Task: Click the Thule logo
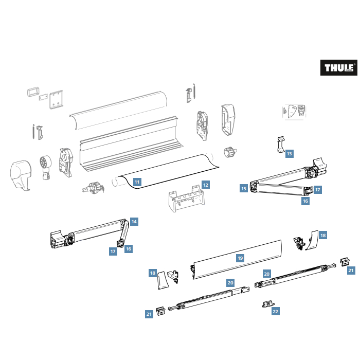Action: (x=338, y=67)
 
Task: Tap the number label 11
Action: (x=137, y=182)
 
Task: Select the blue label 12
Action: (x=205, y=184)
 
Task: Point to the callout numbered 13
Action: (x=290, y=153)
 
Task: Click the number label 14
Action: (x=134, y=221)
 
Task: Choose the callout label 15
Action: (x=243, y=188)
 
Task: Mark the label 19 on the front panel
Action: (x=240, y=258)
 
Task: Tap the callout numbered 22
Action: (x=276, y=311)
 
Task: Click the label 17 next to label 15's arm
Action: (x=317, y=190)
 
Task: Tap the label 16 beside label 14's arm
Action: (x=129, y=248)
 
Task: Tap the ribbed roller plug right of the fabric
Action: (x=229, y=152)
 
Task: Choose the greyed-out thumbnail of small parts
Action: (x=295, y=112)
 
